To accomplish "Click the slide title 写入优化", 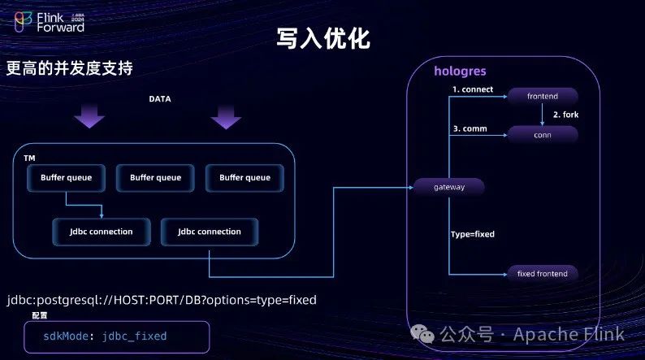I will coord(323,38).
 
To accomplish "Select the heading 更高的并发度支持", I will coord(69,68).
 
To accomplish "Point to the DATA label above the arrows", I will coord(159,99).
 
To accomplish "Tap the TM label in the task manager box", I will coord(30,157).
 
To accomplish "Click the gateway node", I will coord(448,188).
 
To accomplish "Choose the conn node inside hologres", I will coord(543,135).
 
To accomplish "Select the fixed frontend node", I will coord(543,273).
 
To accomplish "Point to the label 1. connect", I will coord(473,89).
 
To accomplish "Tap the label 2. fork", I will coord(566,115).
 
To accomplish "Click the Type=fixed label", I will coord(473,234).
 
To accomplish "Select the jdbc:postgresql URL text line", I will coord(162,300).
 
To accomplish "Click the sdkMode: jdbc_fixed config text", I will coord(105,335).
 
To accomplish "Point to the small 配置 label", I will coord(40,315).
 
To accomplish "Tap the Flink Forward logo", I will coord(49,21).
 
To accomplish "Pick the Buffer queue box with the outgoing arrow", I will coord(65,177).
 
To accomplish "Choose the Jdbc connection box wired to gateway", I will coord(210,232).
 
